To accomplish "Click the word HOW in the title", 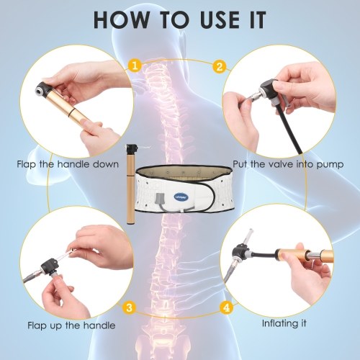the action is tap(121, 19).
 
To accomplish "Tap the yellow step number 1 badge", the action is tap(135, 66).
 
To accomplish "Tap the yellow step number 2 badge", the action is tap(220, 66).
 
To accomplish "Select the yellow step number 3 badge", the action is tap(129, 307).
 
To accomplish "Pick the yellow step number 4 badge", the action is tap(227, 307).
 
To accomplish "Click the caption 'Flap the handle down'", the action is tap(68, 164).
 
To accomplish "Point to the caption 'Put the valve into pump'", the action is tap(288, 165).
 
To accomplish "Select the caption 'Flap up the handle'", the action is tap(71, 325).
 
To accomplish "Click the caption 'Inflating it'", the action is tap(284, 323).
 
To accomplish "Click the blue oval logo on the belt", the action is tap(181, 197).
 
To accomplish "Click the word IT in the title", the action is tap(257, 19).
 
